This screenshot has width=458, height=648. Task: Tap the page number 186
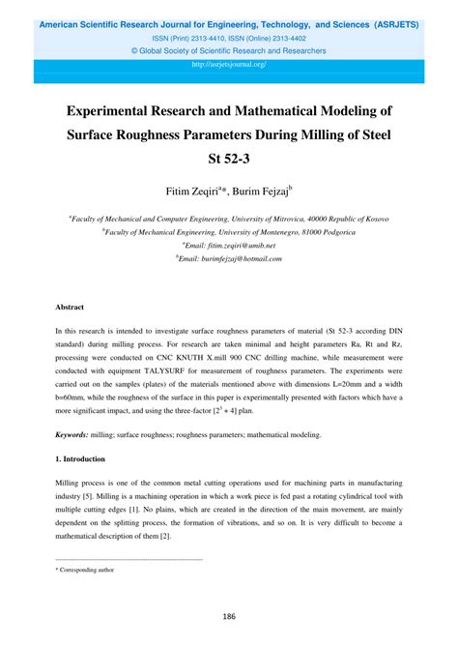pyautogui.click(x=229, y=616)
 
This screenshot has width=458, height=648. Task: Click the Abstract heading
pyautogui.click(x=70, y=307)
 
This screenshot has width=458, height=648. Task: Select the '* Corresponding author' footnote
pyautogui.click(x=85, y=570)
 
